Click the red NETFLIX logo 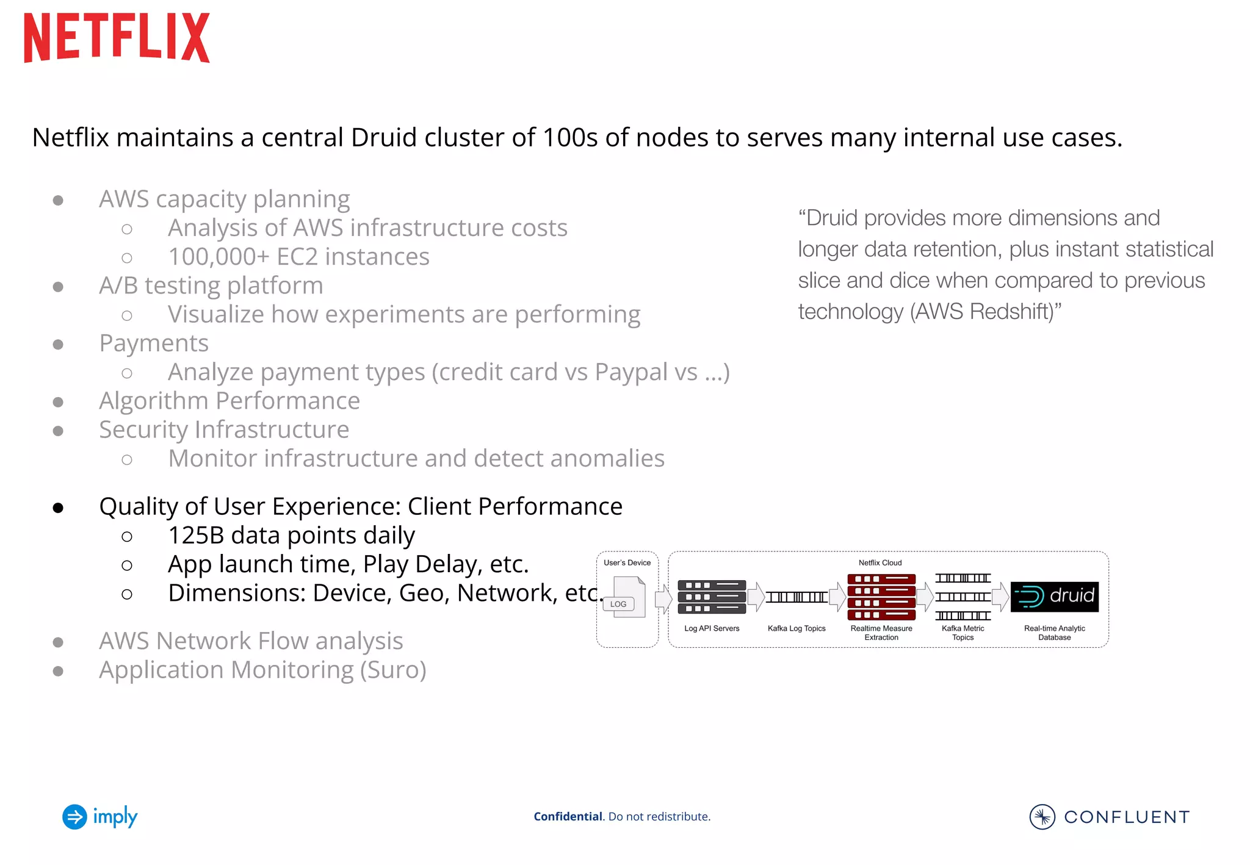(117, 38)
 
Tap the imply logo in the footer (100, 817)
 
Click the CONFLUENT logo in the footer (1109, 817)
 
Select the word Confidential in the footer (568, 817)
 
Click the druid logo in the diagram (1054, 597)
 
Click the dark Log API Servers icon (712, 597)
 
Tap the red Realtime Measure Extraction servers (881, 597)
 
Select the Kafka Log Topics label (797, 628)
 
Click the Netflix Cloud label (880, 562)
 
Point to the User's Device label (627, 562)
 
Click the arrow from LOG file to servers (663, 598)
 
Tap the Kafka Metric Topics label (963, 633)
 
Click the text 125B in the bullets (196, 536)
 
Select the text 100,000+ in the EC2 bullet (219, 257)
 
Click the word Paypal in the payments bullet (631, 372)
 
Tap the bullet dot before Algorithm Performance (59, 402)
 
